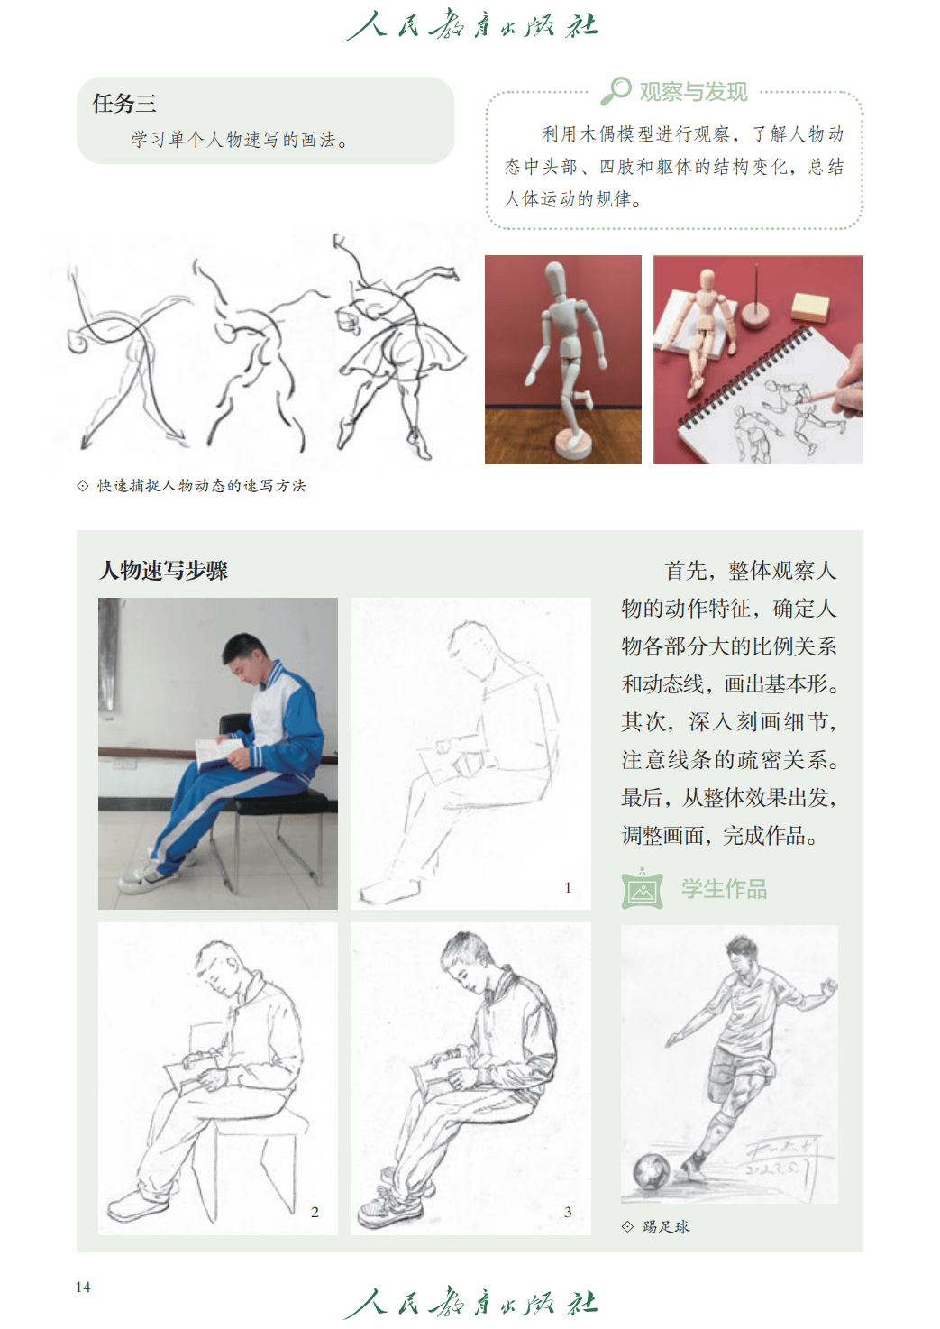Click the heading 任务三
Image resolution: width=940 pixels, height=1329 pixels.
coord(124,103)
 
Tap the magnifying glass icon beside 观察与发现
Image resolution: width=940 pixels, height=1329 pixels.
coord(616,91)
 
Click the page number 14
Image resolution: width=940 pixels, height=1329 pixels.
coord(83,1287)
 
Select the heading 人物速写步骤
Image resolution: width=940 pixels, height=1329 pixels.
coord(163,570)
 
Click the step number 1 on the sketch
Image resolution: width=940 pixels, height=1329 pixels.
coord(568,887)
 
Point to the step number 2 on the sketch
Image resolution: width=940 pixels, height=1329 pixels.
coord(315,1212)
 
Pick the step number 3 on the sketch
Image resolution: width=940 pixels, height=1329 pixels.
coord(568,1212)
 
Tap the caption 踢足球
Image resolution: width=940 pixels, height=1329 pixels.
coord(665,1227)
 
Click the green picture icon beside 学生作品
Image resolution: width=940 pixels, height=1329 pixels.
coord(643,888)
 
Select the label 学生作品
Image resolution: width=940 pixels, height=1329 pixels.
coord(724,889)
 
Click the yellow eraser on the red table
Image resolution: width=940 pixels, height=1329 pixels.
coord(809,307)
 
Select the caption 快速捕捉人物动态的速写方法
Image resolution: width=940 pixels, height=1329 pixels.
coord(202,486)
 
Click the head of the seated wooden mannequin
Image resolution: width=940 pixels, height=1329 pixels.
coord(707,280)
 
